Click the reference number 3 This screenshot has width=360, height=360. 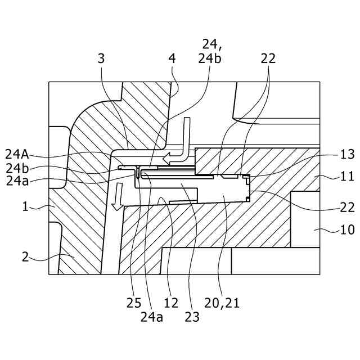click(101, 58)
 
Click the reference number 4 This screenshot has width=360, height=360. click(173, 58)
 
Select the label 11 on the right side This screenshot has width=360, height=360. click(347, 177)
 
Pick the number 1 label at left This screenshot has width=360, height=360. click(25, 207)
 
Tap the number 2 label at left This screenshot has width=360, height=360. click(25, 257)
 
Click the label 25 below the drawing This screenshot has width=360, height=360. click(134, 303)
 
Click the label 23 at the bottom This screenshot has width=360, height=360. click(192, 317)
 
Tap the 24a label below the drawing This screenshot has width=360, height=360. click(152, 317)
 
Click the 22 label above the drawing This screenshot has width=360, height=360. click(268, 58)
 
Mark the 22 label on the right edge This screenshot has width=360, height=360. click(347, 207)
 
